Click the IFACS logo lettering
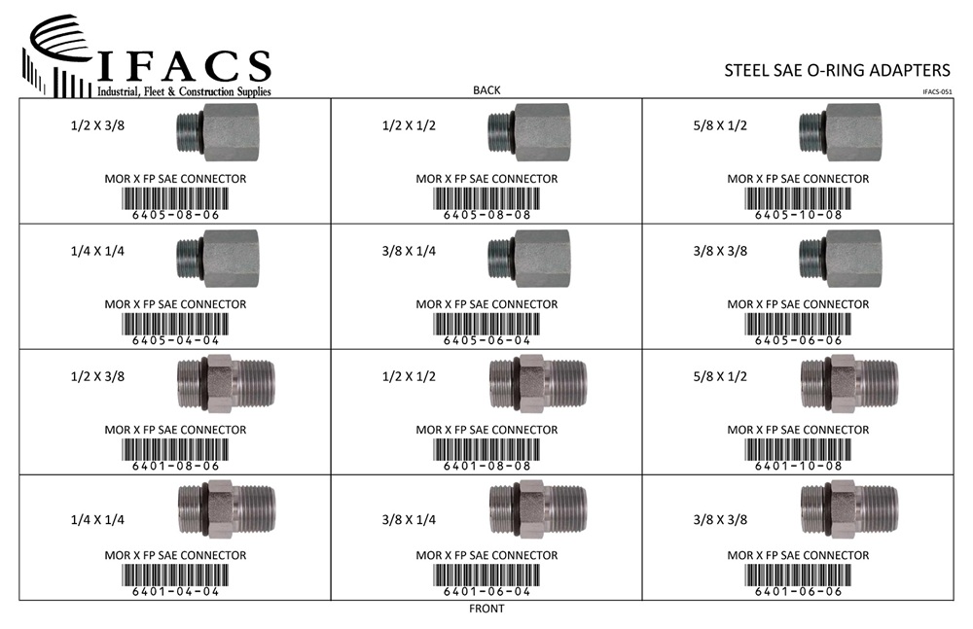(x=184, y=66)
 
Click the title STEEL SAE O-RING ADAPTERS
(x=837, y=70)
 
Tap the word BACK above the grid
(x=486, y=90)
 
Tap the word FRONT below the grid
(x=486, y=609)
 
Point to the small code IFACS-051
(x=937, y=91)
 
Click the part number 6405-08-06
(x=175, y=215)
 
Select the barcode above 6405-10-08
(x=798, y=198)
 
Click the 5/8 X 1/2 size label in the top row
(x=720, y=126)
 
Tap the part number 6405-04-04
(x=175, y=340)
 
